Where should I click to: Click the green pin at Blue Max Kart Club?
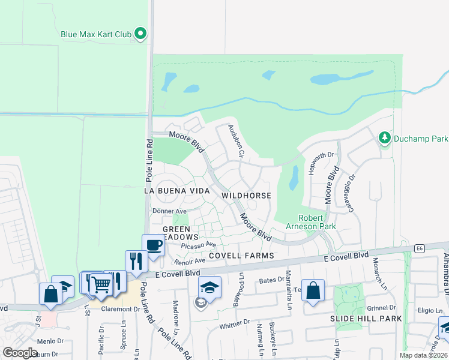click(140, 34)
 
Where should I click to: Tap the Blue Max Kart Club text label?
click(95, 34)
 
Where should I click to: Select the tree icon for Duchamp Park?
click(384, 139)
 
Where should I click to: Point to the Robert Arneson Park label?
click(318, 222)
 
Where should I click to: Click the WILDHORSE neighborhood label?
click(246, 196)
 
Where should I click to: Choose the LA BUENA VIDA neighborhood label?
click(176, 190)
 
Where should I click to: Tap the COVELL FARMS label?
click(241, 256)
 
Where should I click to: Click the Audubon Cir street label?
click(235, 141)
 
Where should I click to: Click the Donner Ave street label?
click(170, 211)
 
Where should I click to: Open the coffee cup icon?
click(153, 245)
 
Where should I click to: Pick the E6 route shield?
click(420, 247)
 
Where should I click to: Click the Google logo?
click(20, 353)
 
